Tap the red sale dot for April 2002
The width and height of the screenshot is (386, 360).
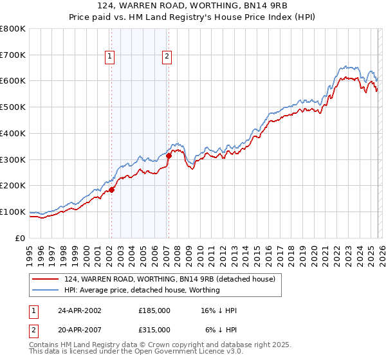click(111, 190)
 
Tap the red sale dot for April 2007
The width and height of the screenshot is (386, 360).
click(169, 155)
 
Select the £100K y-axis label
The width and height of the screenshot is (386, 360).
click(13, 212)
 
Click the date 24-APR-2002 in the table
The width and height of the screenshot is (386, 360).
click(79, 310)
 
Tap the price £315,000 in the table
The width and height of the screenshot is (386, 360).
click(154, 329)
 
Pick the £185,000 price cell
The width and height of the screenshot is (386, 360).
click(154, 310)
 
